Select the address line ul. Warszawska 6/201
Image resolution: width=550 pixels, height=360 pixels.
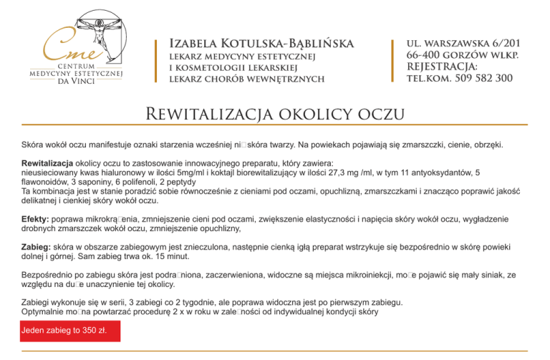(x=463, y=43)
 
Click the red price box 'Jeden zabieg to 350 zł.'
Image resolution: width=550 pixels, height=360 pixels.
(x=70, y=331)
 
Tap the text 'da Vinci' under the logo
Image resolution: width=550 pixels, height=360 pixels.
(x=75, y=82)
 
